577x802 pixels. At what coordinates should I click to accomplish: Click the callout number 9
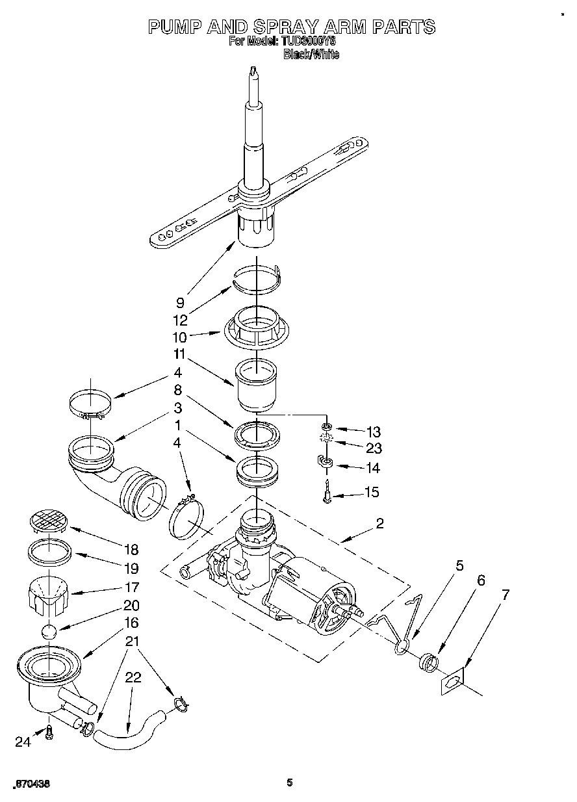[180, 302]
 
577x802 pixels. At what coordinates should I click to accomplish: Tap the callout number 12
[180, 320]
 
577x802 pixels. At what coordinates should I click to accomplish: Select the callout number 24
[23, 742]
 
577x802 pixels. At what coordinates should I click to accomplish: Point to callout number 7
[505, 594]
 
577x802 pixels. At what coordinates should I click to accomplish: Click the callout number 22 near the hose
[133, 677]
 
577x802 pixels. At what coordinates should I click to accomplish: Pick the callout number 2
[379, 523]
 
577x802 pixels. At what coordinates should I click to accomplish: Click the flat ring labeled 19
[49, 552]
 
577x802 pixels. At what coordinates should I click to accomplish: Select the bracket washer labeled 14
[326, 463]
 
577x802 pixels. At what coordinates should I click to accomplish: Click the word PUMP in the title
[174, 27]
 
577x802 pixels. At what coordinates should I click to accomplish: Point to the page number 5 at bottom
[290, 783]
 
